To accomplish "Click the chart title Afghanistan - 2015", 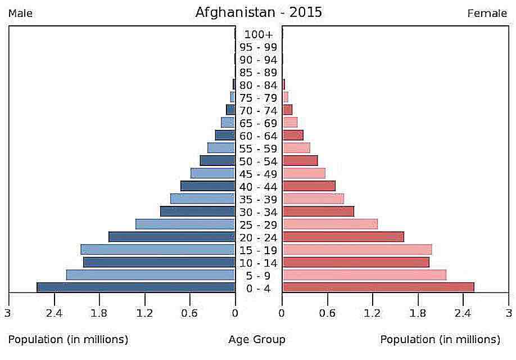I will point(259,12).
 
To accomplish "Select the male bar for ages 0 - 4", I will point(136,287).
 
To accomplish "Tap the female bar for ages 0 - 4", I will point(378,287).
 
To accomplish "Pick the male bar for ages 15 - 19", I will point(158,249).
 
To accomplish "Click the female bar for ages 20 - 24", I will point(343,237).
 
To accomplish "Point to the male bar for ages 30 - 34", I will point(197,211).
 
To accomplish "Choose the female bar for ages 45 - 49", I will point(304,173).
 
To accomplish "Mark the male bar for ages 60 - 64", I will point(225,135).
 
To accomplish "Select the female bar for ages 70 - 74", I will point(287,110).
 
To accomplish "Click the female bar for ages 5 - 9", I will point(364,274).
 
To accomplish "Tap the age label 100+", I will point(258,34).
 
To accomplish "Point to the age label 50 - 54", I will point(258,161).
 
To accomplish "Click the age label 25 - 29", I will point(258,224).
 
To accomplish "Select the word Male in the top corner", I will point(20,13).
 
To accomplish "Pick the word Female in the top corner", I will point(487,13).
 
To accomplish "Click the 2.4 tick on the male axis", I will point(54,313).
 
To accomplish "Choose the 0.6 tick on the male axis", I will point(189,313).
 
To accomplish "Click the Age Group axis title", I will point(257,340).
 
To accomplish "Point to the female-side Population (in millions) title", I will point(440,340).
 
